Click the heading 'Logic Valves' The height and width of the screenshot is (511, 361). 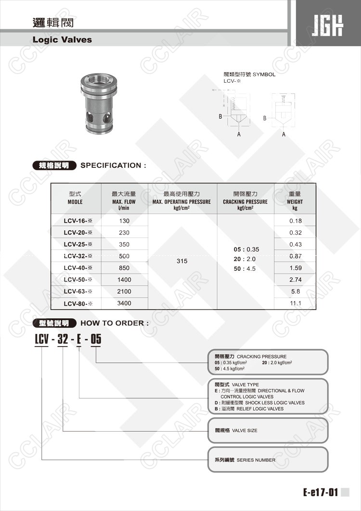pyautogui.click(x=62, y=40)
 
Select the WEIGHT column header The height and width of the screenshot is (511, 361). pyautogui.click(x=295, y=201)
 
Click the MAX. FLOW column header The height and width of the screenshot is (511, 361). pyautogui.click(x=124, y=201)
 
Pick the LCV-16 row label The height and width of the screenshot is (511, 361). pyautogui.click(x=77, y=221)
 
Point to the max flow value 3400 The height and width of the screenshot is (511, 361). pyautogui.click(x=124, y=303)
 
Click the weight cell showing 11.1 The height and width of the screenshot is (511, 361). pyautogui.click(x=295, y=303)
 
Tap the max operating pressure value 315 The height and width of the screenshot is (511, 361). pyautogui.click(x=182, y=262)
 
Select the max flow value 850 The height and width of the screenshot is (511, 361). pyautogui.click(x=124, y=268)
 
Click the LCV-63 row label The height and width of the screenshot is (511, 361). pyautogui.click(x=77, y=292)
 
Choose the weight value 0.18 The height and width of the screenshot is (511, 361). pyautogui.click(x=295, y=221)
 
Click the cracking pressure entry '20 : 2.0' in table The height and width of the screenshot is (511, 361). pyautogui.click(x=245, y=259)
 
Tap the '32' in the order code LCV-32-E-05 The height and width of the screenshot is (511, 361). pyautogui.click(x=63, y=340)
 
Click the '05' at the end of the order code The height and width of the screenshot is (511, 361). pyautogui.click(x=96, y=340)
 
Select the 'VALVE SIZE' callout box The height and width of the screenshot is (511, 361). pyautogui.click(x=268, y=431)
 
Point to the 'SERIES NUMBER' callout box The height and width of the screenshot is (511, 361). pyautogui.click(x=268, y=460)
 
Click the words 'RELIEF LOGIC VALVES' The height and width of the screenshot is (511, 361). pyautogui.click(x=264, y=409)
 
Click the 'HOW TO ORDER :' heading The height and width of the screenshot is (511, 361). pyautogui.click(x=115, y=323)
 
